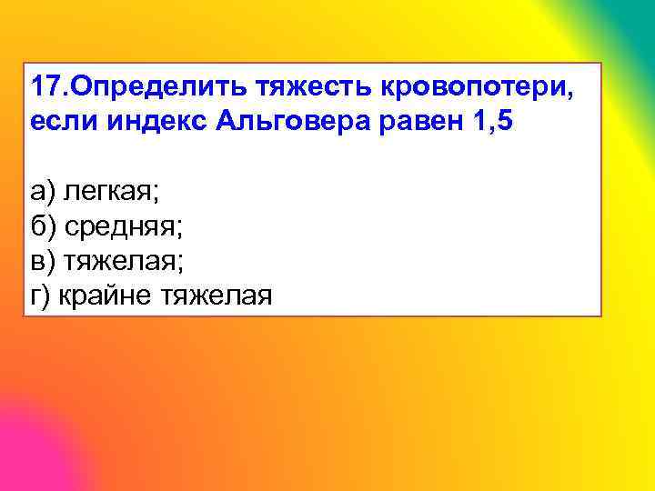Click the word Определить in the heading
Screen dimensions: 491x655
[x=154, y=87]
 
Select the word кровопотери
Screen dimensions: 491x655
[x=472, y=88]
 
